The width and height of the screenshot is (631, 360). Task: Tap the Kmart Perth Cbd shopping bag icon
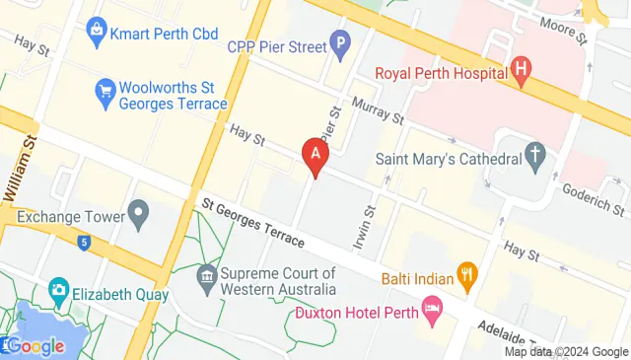tap(97, 34)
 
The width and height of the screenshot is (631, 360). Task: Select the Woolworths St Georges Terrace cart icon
tap(105, 91)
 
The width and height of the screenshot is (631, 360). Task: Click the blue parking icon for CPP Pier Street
tap(340, 43)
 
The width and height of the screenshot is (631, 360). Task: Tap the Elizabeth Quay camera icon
tap(59, 292)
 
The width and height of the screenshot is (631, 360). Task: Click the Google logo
tap(35, 346)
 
